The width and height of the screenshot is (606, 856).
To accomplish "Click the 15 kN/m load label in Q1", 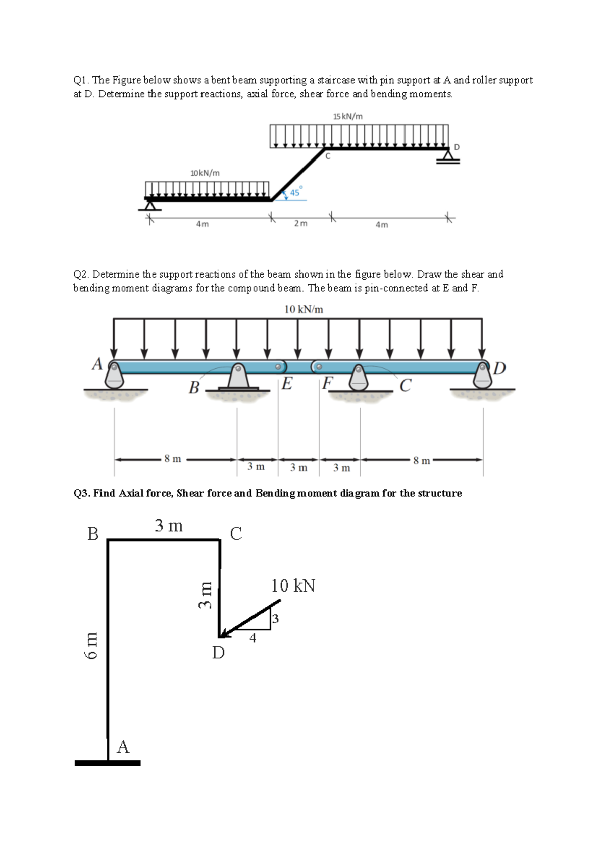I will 347,116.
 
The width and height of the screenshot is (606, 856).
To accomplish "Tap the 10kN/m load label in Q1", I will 205,173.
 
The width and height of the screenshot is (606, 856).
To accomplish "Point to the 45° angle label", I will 295,192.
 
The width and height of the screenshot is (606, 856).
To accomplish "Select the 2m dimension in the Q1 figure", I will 300,224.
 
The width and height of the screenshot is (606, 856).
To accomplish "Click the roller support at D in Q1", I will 448,157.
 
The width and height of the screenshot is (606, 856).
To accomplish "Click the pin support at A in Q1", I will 150,205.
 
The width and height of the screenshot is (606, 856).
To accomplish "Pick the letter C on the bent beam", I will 328,156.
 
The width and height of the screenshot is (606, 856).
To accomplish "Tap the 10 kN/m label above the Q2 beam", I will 304,309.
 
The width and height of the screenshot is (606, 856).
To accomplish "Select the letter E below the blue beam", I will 287,384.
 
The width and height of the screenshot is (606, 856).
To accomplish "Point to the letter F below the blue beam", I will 327,384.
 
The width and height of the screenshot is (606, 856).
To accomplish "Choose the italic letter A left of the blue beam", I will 97,364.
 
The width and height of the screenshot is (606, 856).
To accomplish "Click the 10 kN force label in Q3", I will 293,585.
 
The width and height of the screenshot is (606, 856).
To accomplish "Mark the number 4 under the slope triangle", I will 252,638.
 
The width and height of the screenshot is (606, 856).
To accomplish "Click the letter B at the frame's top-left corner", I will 93,533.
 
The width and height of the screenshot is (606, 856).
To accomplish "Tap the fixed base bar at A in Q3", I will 108,763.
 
